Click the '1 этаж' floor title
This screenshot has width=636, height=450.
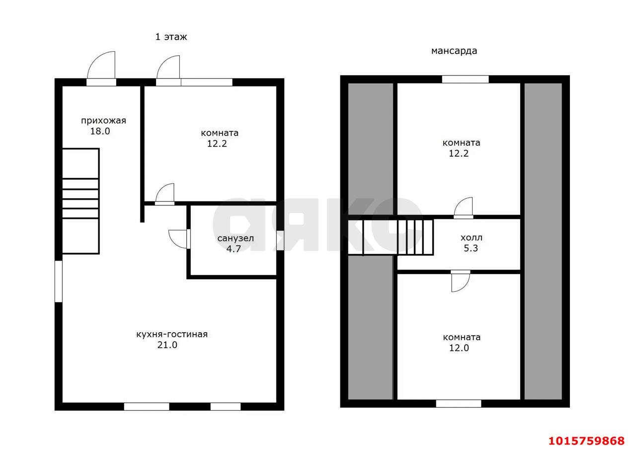171,37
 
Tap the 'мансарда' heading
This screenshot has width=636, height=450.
454,51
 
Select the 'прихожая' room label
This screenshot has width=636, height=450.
103,121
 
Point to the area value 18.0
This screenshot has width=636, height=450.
100,131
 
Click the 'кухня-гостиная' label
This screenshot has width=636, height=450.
172,334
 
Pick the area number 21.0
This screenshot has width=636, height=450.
167,345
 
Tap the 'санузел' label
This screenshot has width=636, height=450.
236,238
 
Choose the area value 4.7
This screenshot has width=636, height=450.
234,249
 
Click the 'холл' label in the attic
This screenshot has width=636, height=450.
472,238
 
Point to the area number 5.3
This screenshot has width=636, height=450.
471,248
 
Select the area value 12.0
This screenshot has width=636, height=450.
459,348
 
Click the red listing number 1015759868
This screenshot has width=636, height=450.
587,441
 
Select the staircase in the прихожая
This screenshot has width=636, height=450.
80,201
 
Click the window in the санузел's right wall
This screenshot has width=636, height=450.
280,241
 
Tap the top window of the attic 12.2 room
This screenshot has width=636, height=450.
466,79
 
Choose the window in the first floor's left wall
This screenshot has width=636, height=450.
59,281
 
